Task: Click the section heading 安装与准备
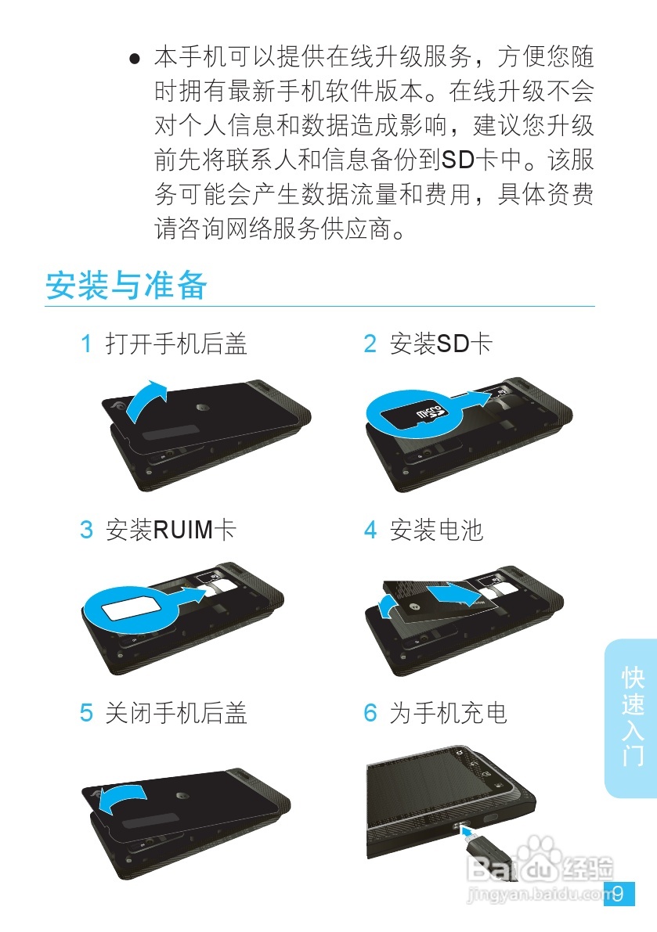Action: click(x=126, y=286)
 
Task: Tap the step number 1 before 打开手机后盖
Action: click(x=87, y=344)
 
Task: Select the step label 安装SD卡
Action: click(x=441, y=344)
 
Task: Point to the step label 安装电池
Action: click(x=436, y=530)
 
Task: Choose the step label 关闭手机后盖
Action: click(x=176, y=713)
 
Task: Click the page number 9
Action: click(x=618, y=894)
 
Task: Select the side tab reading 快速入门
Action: click(x=632, y=716)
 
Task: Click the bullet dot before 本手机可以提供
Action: click(x=135, y=59)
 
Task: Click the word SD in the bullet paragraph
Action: click(x=459, y=160)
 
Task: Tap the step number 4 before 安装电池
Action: click(x=370, y=530)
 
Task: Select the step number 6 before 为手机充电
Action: click(x=370, y=713)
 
